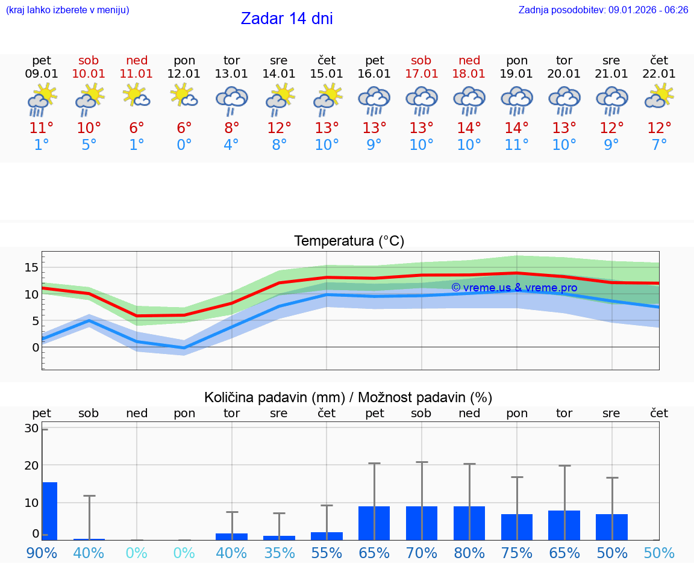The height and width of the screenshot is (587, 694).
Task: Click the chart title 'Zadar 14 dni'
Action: (x=287, y=19)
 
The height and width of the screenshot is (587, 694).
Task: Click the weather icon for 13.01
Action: (x=232, y=100)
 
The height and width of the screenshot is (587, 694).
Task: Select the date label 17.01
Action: (x=421, y=74)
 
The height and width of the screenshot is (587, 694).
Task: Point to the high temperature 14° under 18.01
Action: (x=469, y=128)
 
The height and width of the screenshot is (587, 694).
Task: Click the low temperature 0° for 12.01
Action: (x=184, y=144)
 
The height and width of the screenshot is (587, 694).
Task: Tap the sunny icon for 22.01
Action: (x=659, y=96)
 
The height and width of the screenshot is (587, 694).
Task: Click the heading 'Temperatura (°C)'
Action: (x=349, y=241)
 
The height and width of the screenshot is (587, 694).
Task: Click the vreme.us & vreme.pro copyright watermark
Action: (x=514, y=288)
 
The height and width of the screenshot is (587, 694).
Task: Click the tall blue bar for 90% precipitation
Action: (x=49, y=511)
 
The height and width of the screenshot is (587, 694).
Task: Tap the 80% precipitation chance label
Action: (x=469, y=553)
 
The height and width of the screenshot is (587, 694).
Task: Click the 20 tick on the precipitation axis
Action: (x=31, y=465)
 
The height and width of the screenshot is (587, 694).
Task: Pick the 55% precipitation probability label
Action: (x=327, y=553)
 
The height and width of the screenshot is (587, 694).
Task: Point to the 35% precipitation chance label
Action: (x=279, y=553)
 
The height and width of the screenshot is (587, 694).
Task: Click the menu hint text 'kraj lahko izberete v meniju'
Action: (x=67, y=10)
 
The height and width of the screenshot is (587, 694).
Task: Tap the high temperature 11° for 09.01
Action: (x=42, y=128)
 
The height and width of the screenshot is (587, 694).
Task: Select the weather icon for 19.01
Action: (x=517, y=100)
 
